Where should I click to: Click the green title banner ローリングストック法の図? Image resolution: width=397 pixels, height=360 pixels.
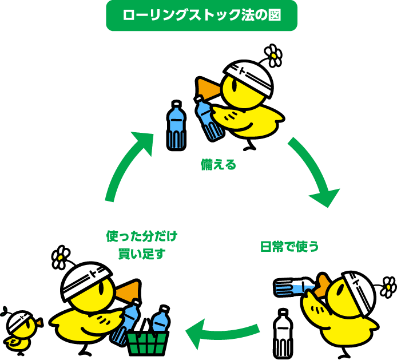click(201, 15)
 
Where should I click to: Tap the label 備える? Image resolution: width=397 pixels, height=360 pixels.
click(219, 165)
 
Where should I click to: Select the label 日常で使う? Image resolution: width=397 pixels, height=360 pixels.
click(289, 247)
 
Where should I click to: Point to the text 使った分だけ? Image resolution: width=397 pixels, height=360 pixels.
click(142, 236)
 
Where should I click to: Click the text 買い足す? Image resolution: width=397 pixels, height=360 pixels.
click(142, 254)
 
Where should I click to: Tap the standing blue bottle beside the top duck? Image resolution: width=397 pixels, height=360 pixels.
click(176, 126)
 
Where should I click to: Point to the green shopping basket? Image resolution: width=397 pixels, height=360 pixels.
click(146, 343)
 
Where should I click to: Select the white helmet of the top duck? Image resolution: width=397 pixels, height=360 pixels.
click(249, 77)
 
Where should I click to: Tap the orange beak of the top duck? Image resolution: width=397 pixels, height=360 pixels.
click(209, 89)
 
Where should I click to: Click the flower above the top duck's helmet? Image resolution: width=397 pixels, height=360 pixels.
click(273, 55)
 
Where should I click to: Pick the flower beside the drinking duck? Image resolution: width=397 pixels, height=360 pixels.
click(388, 287)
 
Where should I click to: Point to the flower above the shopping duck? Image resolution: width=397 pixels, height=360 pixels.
click(60, 257)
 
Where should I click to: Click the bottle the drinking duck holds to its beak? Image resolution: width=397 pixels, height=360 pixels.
click(293, 288)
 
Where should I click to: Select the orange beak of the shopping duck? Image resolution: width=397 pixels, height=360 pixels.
click(127, 291)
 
